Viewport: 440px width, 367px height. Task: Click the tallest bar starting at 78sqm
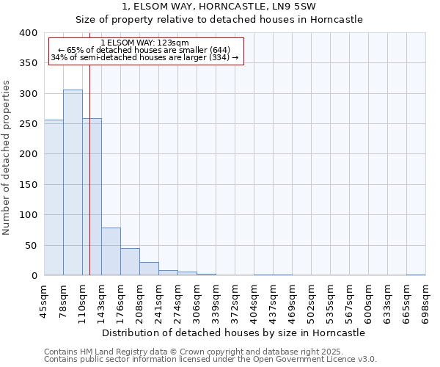(73, 183)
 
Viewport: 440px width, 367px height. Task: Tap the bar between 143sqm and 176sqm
(111, 252)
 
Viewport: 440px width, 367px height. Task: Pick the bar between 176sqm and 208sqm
(130, 262)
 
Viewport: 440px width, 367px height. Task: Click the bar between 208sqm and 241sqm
(149, 269)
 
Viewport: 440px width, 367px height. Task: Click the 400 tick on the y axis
(28, 33)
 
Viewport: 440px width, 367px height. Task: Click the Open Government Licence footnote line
(210, 359)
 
